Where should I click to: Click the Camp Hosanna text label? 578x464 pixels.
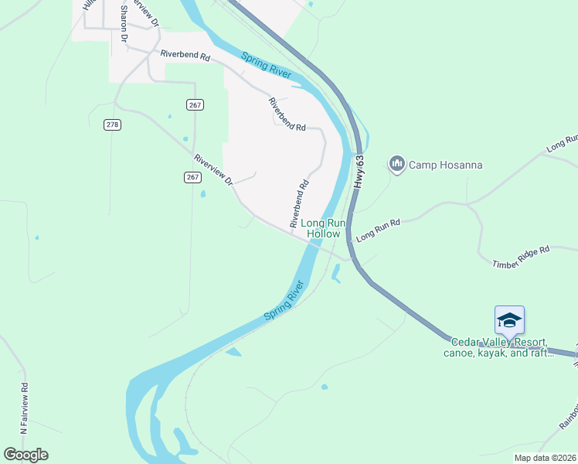tap(445, 165)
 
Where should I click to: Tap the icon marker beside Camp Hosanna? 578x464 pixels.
tap(397, 163)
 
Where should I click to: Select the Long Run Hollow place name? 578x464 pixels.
tap(323, 227)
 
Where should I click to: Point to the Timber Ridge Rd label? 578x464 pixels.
tap(521, 257)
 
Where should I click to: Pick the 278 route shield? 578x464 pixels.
tap(113, 125)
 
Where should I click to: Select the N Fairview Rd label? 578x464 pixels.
tap(25, 407)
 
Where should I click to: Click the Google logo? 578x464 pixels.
tap(25, 455)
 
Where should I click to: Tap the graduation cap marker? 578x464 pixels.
tap(509, 319)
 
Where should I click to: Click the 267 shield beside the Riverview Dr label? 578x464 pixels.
tap(193, 177)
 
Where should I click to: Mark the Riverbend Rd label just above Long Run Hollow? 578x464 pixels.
tap(299, 203)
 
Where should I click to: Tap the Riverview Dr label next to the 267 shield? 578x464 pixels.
tap(214, 169)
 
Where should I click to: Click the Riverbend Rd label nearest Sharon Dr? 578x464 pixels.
tap(185, 56)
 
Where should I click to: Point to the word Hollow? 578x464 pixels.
tap(323, 233)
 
